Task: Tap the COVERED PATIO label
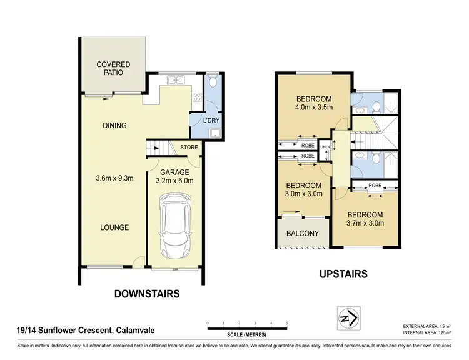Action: coord(114,68)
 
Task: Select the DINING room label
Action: coord(114,125)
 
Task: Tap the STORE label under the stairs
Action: coord(189,147)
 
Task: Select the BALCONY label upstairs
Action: coord(303,234)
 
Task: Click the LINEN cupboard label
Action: coord(325,147)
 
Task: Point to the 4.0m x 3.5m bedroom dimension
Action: coord(313,107)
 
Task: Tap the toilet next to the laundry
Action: coord(213,81)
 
